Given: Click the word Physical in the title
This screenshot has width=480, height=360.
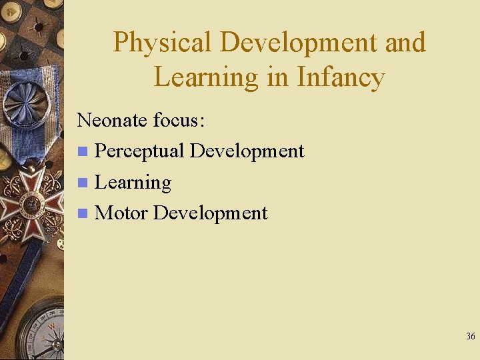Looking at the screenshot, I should (163, 43).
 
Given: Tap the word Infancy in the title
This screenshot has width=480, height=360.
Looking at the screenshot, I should (341, 77).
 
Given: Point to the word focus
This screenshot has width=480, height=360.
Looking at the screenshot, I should (179, 120).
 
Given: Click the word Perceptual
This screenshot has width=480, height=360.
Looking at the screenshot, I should (139, 151).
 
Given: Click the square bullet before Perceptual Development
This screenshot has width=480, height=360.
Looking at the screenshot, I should (82, 152).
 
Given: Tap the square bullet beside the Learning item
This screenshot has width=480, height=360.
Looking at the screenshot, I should (82, 183).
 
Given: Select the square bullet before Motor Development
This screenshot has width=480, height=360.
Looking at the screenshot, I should (82, 214).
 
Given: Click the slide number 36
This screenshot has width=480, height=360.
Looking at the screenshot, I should (471, 337).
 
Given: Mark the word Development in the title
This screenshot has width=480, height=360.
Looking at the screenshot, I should (297, 43).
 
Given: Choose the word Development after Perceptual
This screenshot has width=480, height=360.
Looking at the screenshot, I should (247, 151).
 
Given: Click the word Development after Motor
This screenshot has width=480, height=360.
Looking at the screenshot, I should (210, 213).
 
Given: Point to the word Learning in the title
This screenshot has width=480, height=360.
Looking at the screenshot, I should (205, 77).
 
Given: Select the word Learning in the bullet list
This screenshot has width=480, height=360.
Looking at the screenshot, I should (133, 183).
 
